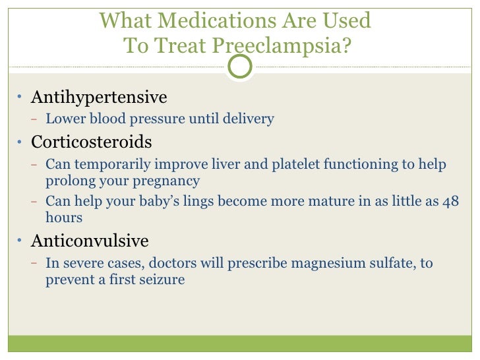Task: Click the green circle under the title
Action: [x=240, y=67]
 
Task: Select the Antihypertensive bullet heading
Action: [x=99, y=98]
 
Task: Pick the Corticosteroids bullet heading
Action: [x=92, y=142]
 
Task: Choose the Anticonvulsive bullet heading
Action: [x=90, y=241]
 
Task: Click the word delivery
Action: [x=249, y=119]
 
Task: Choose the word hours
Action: [x=63, y=218]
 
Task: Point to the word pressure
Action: [x=158, y=120]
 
